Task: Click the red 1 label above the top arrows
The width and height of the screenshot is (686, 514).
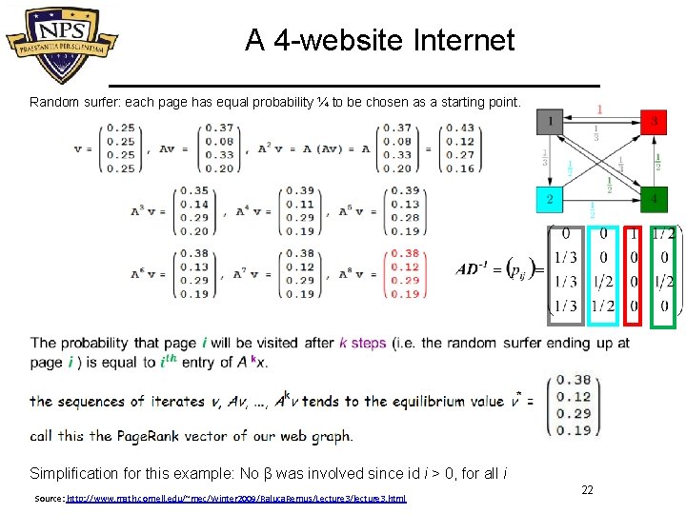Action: (x=599, y=109)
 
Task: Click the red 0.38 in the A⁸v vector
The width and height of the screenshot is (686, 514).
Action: (x=405, y=254)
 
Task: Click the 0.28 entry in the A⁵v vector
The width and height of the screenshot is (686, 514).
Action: (x=405, y=218)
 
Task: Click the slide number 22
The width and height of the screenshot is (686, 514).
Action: (x=588, y=489)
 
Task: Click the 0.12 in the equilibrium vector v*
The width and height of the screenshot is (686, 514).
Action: (x=575, y=397)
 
